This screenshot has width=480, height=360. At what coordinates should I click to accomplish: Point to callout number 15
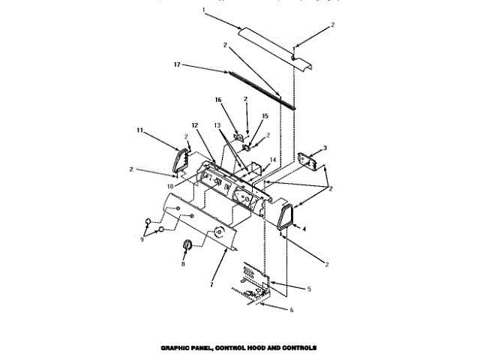264,115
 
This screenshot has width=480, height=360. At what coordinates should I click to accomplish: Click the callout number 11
139,130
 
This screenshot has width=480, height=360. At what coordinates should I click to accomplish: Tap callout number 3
325,148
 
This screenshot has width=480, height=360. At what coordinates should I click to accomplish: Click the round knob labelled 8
187,244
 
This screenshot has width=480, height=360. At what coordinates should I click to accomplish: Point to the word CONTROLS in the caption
301,348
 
